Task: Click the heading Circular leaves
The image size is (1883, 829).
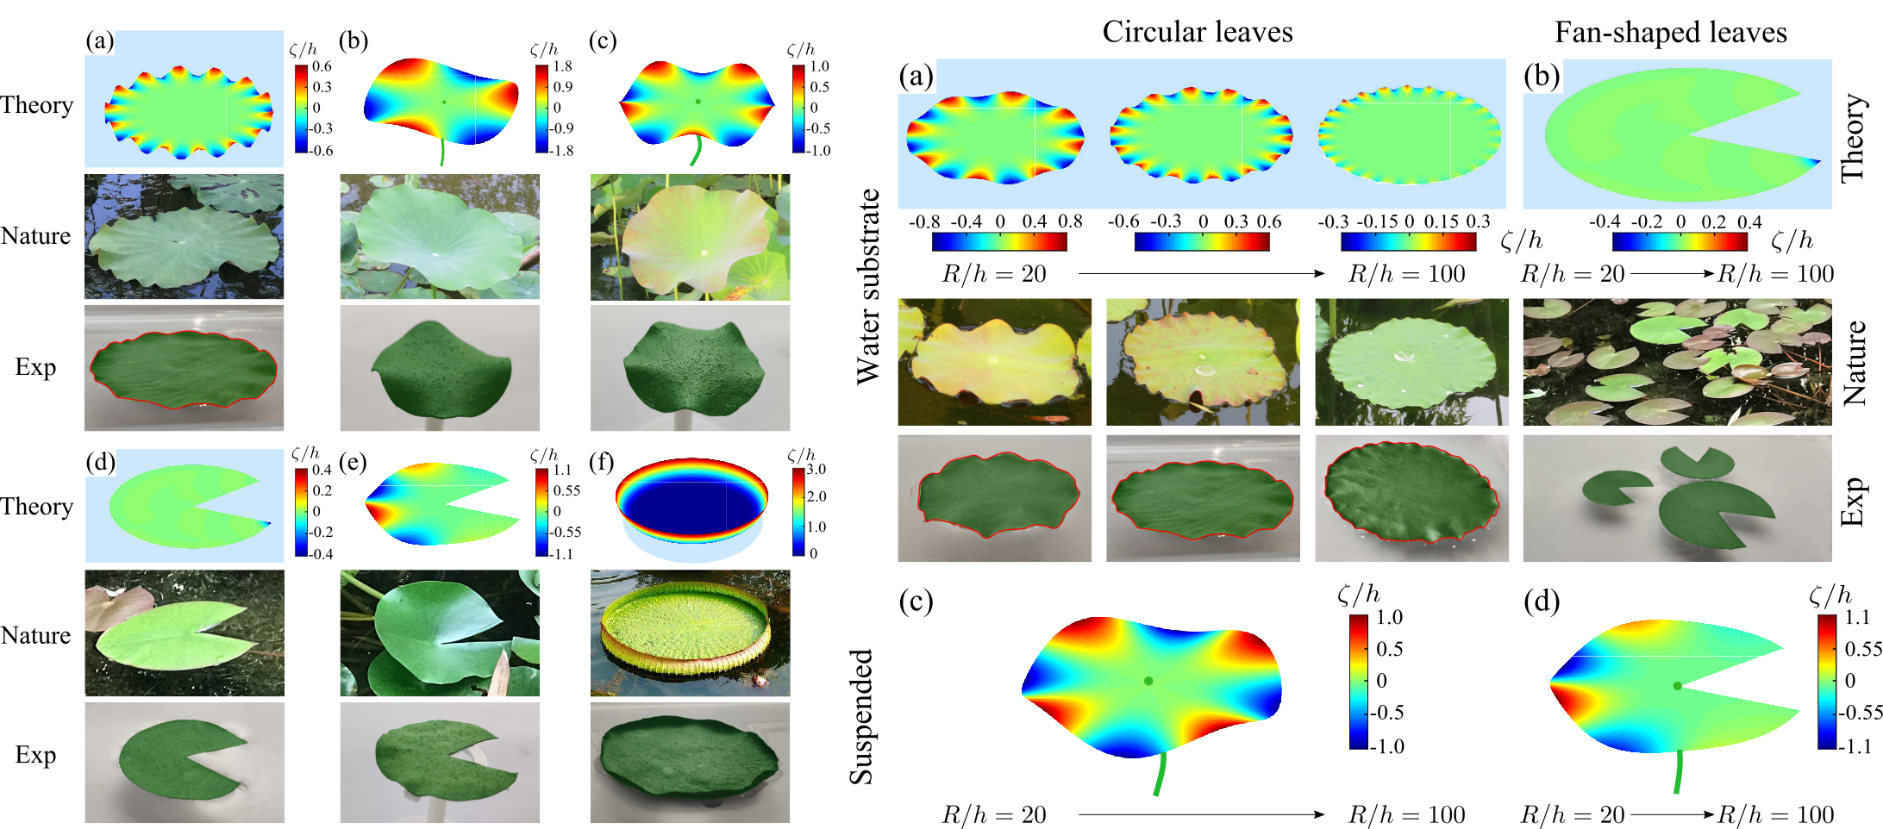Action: [x=1197, y=32]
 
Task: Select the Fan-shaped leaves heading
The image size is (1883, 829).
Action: [x=1670, y=32]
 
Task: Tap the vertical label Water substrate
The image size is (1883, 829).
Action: [x=868, y=286]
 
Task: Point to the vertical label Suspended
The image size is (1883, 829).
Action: [x=861, y=717]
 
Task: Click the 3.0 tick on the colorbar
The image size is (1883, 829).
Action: [x=816, y=470]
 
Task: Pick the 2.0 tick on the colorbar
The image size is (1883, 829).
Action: [x=816, y=496]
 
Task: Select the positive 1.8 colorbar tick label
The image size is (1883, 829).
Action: [x=563, y=66]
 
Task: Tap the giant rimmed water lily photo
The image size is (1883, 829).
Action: [x=690, y=633]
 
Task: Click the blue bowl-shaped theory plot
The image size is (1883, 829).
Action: [x=690, y=508]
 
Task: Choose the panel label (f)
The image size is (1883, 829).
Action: [x=602, y=463]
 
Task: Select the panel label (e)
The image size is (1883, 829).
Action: [x=353, y=463]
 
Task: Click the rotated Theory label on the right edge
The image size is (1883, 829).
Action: [x=1854, y=138]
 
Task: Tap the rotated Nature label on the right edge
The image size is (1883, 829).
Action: [x=1854, y=362]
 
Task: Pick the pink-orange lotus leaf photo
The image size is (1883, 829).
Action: [x=690, y=237]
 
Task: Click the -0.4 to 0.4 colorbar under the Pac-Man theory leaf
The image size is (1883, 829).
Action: [x=1679, y=242]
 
